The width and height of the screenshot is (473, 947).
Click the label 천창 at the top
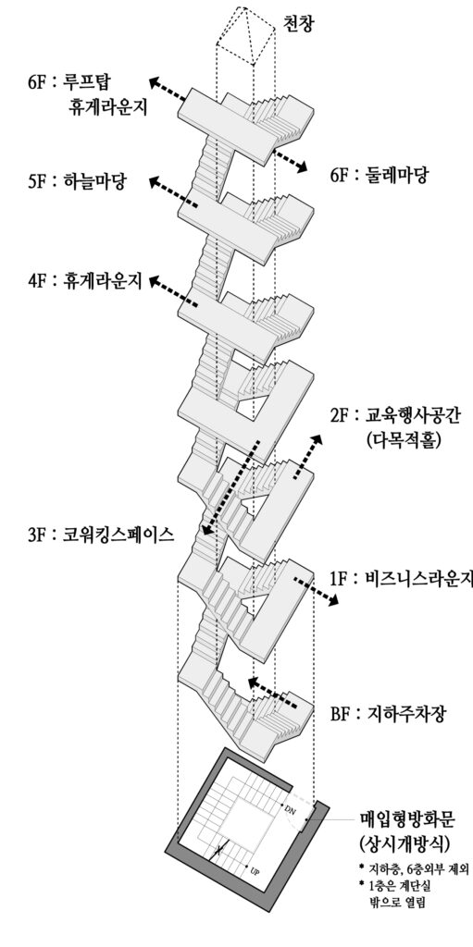[x=299, y=22]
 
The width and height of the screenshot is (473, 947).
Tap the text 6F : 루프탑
[x=76, y=81]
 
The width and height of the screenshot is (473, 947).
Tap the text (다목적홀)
[x=404, y=439]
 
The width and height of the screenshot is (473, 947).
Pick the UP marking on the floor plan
[x=255, y=872]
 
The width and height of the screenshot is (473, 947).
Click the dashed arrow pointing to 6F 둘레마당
[x=289, y=160]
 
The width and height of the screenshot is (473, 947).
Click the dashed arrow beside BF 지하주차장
[x=272, y=692]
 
